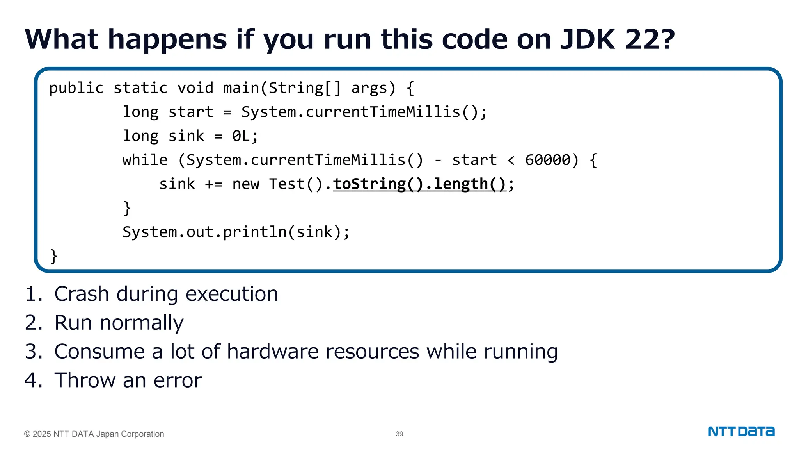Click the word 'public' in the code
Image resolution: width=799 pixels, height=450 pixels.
76,88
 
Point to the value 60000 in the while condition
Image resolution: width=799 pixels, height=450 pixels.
547,160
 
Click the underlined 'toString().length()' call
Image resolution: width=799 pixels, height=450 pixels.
419,184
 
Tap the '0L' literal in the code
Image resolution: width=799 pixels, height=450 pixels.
241,136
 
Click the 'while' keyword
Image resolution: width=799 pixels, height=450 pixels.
145,160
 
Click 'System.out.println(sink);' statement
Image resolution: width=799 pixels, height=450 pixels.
236,232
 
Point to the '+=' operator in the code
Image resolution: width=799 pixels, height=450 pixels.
213,184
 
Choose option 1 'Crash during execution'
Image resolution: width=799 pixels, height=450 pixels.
166,294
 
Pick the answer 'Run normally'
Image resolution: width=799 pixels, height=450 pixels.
119,323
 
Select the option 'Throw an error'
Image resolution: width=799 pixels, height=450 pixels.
128,380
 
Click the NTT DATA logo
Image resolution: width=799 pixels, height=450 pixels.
741,432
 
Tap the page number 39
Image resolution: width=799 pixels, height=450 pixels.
399,434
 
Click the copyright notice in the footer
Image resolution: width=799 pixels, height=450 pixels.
94,434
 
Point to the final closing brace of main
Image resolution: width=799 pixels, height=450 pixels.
54,256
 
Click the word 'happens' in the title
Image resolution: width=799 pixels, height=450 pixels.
167,39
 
